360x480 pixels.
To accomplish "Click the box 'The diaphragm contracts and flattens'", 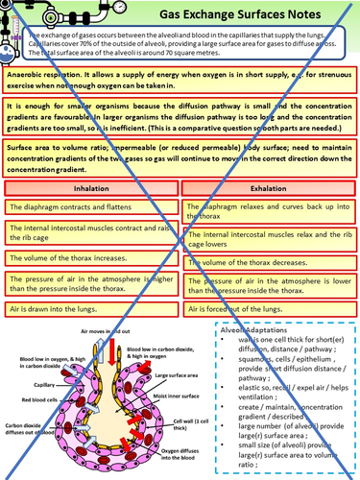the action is pyautogui.click(x=91, y=207).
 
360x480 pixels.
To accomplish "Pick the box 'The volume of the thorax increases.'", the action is pyautogui.click(x=91, y=259).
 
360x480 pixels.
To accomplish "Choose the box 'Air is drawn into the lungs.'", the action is pyautogui.click(x=91, y=311).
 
